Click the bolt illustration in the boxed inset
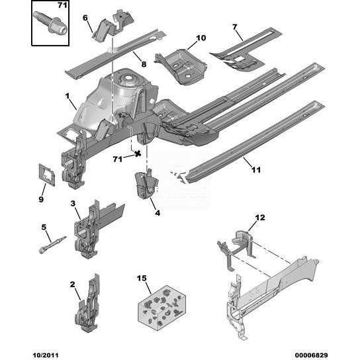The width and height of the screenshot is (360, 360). pyautogui.click(x=50, y=22)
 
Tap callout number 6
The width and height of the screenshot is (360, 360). pyautogui.click(x=85, y=18)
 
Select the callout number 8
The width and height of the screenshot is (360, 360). pyautogui.click(x=144, y=64)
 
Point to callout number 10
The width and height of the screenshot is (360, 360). pyautogui.click(x=201, y=38)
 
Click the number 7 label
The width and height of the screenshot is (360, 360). pyautogui.click(x=234, y=27)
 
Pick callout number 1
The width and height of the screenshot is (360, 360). pyautogui.click(x=67, y=96)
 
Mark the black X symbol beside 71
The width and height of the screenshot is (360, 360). pyautogui.click(x=138, y=154)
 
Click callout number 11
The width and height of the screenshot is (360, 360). pyautogui.click(x=256, y=170)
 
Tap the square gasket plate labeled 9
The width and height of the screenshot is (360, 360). pyautogui.click(x=47, y=175)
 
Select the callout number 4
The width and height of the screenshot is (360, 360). pyautogui.click(x=157, y=213)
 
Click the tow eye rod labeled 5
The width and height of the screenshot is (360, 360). pyautogui.click(x=52, y=245)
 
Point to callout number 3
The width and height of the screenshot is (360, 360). pyautogui.click(x=73, y=203)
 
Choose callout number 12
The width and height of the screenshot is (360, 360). pyautogui.click(x=260, y=218)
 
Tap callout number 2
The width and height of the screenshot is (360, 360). pyautogui.click(x=73, y=285)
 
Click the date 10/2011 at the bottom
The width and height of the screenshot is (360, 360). pyautogui.click(x=46, y=355)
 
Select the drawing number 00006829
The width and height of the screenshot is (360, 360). pyautogui.click(x=310, y=355)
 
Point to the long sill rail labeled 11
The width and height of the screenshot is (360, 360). pyautogui.click(x=255, y=142)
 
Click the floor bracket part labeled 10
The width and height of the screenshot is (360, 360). pyautogui.click(x=181, y=66)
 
